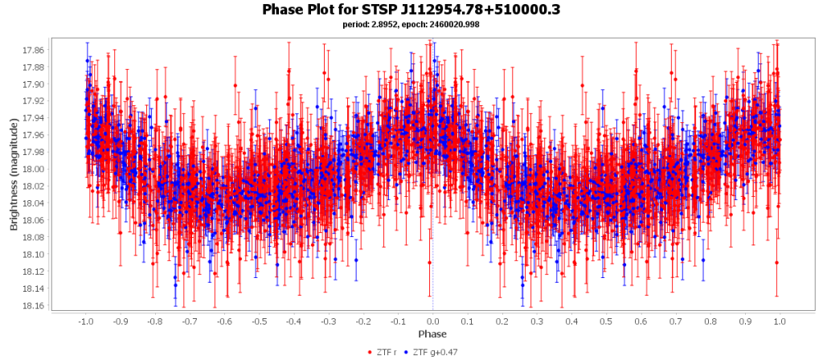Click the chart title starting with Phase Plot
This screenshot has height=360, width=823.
411,10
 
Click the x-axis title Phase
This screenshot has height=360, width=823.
432,333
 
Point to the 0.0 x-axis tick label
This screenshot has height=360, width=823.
432,321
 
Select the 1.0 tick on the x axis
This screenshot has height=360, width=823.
780,321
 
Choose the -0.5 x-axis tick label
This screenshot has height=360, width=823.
258,321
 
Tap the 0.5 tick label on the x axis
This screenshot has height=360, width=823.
606,321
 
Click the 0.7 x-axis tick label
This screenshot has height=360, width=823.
676,321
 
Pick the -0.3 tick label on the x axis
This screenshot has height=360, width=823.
328,321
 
